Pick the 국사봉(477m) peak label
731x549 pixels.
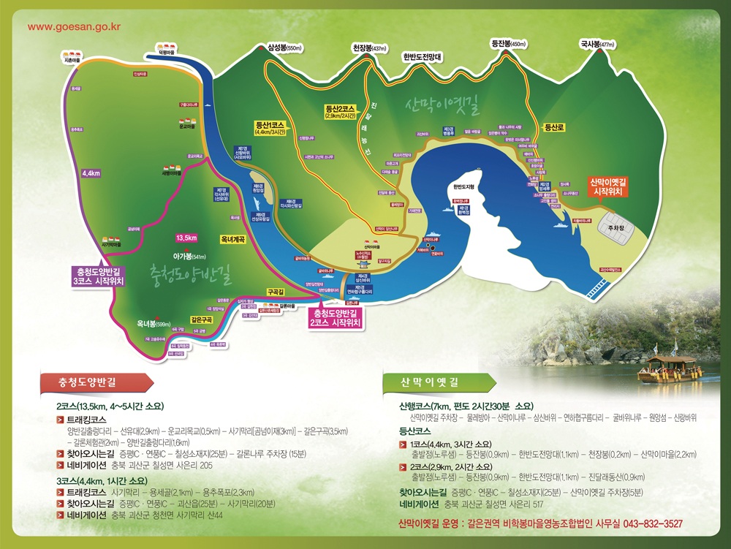(x=597, y=44)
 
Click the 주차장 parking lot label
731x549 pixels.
(x=614, y=227)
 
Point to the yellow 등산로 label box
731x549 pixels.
(x=556, y=127)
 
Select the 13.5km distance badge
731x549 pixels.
(x=186, y=238)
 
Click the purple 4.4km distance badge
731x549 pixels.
(x=91, y=173)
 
